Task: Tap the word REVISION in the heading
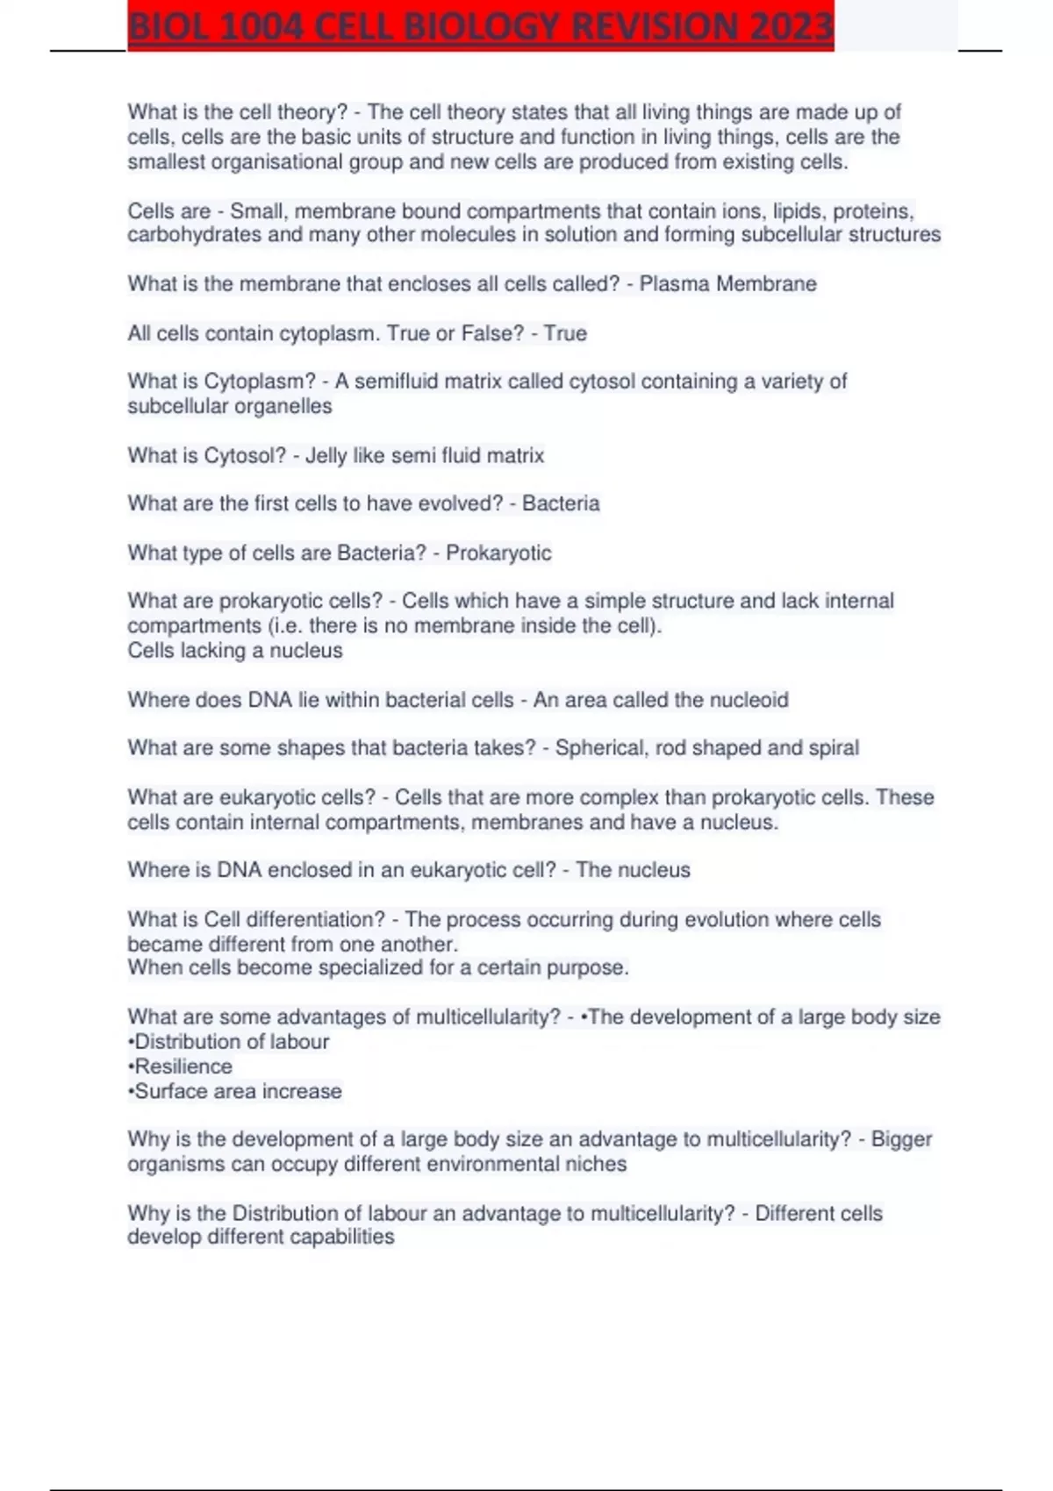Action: (658, 27)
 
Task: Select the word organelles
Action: (288, 406)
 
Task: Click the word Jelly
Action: (326, 456)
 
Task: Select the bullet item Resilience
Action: (183, 1067)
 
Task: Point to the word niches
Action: (598, 1165)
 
